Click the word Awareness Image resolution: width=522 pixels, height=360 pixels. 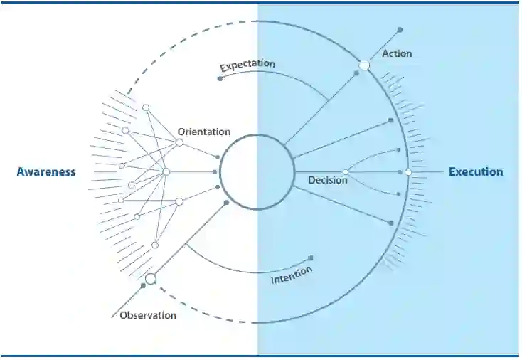pyautogui.click(x=46, y=172)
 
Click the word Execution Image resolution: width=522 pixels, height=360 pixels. pyautogui.click(x=476, y=172)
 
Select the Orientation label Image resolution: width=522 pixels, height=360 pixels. pyautogui.click(x=204, y=132)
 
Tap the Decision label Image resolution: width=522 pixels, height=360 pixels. pyautogui.click(x=328, y=181)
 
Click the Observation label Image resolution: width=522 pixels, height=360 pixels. pyautogui.click(x=148, y=315)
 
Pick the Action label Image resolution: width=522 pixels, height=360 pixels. pyautogui.click(x=397, y=53)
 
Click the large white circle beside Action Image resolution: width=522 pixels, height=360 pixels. pyautogui.click(x=364, y=65)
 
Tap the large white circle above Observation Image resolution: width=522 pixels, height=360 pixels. pyautogui.click(x=151, y=278)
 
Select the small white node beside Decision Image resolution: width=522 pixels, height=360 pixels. pyautogui.click(x=346, y=172)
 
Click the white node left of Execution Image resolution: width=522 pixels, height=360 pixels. pyautogui.click(x=408, y=172)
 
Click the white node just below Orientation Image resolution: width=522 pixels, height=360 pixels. pyautogui.click(x=179, y=143)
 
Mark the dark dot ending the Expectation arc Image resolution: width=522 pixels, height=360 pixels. pyautogui.click(x=220, y=78)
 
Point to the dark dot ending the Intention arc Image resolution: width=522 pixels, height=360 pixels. pyautogui.click(x=311, y=258)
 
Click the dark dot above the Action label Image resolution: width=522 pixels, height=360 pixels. pyautogui.click(x=400, y=30)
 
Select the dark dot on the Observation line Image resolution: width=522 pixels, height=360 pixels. pyautogui.click(x=143, y=285)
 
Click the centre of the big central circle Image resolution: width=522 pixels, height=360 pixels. pyautogui.click(x=257, y=172)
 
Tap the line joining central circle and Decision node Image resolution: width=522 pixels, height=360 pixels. pyautogui.click(x=319, y=172)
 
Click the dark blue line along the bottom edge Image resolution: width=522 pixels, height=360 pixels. pyautogui.click(x=260, y=355)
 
